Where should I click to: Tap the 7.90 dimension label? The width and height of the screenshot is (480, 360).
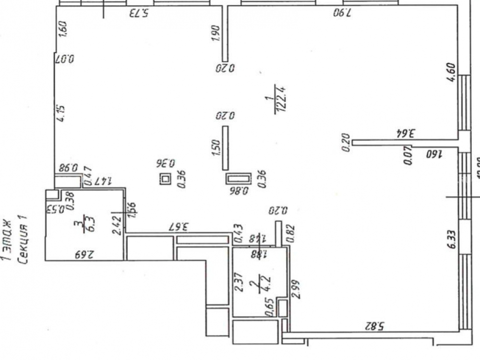click(342, 14)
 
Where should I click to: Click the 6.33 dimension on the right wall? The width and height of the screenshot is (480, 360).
click(451, 239)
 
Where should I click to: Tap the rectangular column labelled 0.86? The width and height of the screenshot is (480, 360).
click(239, 179)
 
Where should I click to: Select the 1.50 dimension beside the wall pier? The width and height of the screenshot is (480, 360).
click(216, 147)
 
